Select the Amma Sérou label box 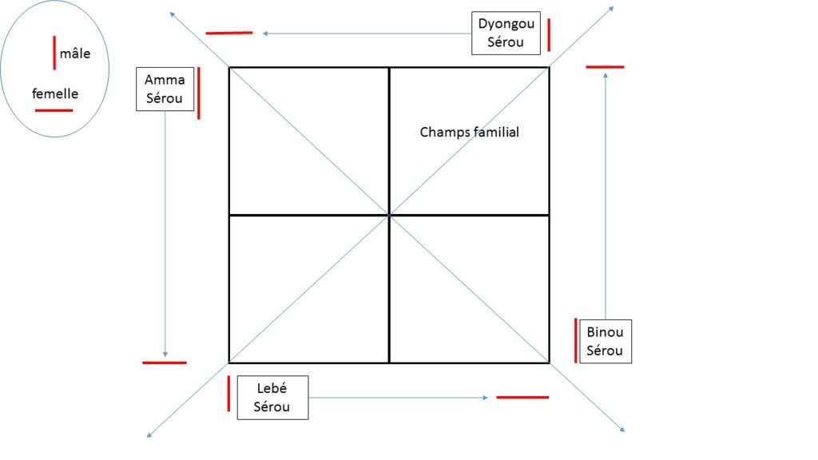click(x=165, y=89)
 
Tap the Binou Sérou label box click(x=605, y=341)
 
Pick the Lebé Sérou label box click(x=272, y=397)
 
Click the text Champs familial click(x=469, y=132)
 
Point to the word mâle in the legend click(x=75, y=54)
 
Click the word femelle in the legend click(x=55, y=93)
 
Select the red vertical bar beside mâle click(x=54, y=52)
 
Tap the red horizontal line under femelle click(x=54, y=109)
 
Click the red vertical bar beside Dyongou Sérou click(x=549, y=34)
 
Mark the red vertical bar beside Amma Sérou click(x=198, y=93)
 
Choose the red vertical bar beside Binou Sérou click(x=575, y=339)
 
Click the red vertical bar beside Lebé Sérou click(x=228, y=393)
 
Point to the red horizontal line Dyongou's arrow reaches click(x=229, y=33)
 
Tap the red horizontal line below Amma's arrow click(x=165, y=363)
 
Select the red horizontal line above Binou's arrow click(x=605, y=67)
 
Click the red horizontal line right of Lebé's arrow click(x=522, y=396)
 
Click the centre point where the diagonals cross click(x=389, y=215)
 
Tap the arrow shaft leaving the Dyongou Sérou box click(x=367, y=34)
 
